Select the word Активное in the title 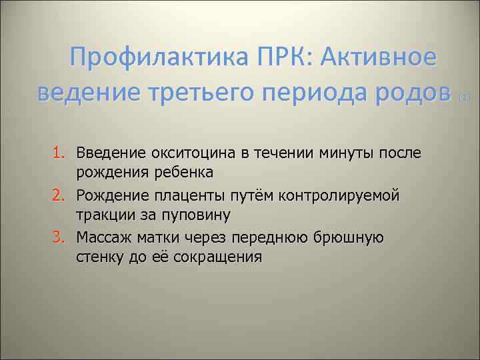coord(379,58)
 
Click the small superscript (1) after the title coord(465,97)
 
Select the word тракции coord(101,215)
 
